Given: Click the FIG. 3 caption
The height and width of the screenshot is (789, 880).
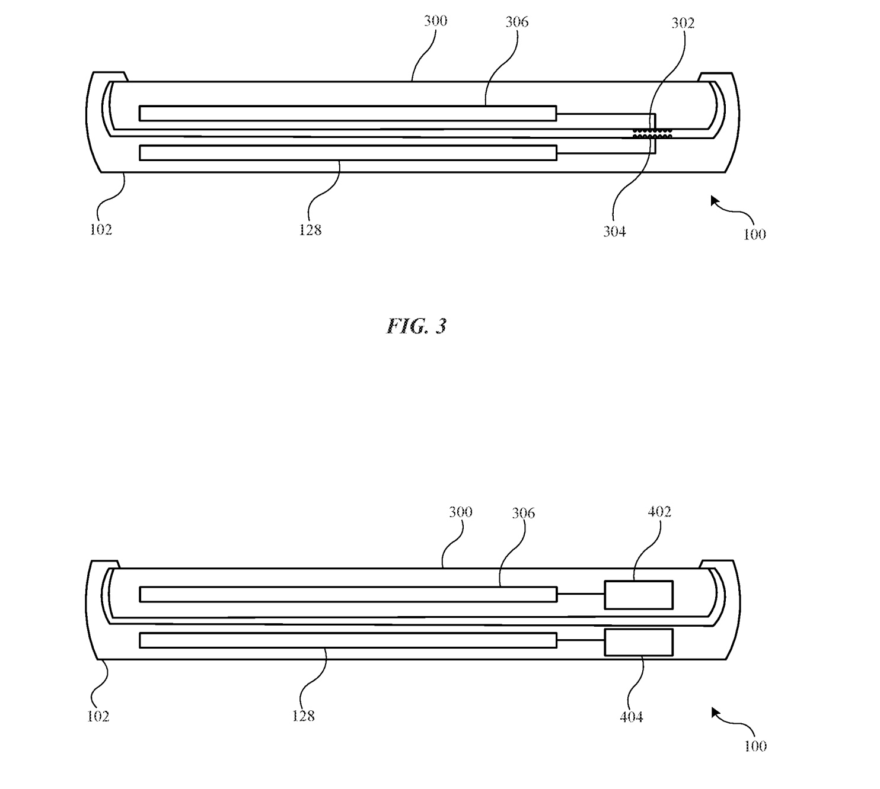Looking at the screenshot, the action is (416, 326).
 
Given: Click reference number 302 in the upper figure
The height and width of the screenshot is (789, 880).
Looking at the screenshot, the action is (683, 23).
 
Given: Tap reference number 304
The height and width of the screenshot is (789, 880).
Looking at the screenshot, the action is (614, 232).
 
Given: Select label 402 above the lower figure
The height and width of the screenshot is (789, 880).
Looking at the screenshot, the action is (659, 512).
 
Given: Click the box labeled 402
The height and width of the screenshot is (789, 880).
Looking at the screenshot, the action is (639, 595).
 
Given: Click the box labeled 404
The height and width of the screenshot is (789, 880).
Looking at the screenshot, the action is (639, 642).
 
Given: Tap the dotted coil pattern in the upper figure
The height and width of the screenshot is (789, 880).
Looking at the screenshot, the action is (652, 133).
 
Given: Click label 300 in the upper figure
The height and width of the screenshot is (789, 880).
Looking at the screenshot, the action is (436, 21).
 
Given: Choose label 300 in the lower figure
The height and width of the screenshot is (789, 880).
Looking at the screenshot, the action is (460, 512).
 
